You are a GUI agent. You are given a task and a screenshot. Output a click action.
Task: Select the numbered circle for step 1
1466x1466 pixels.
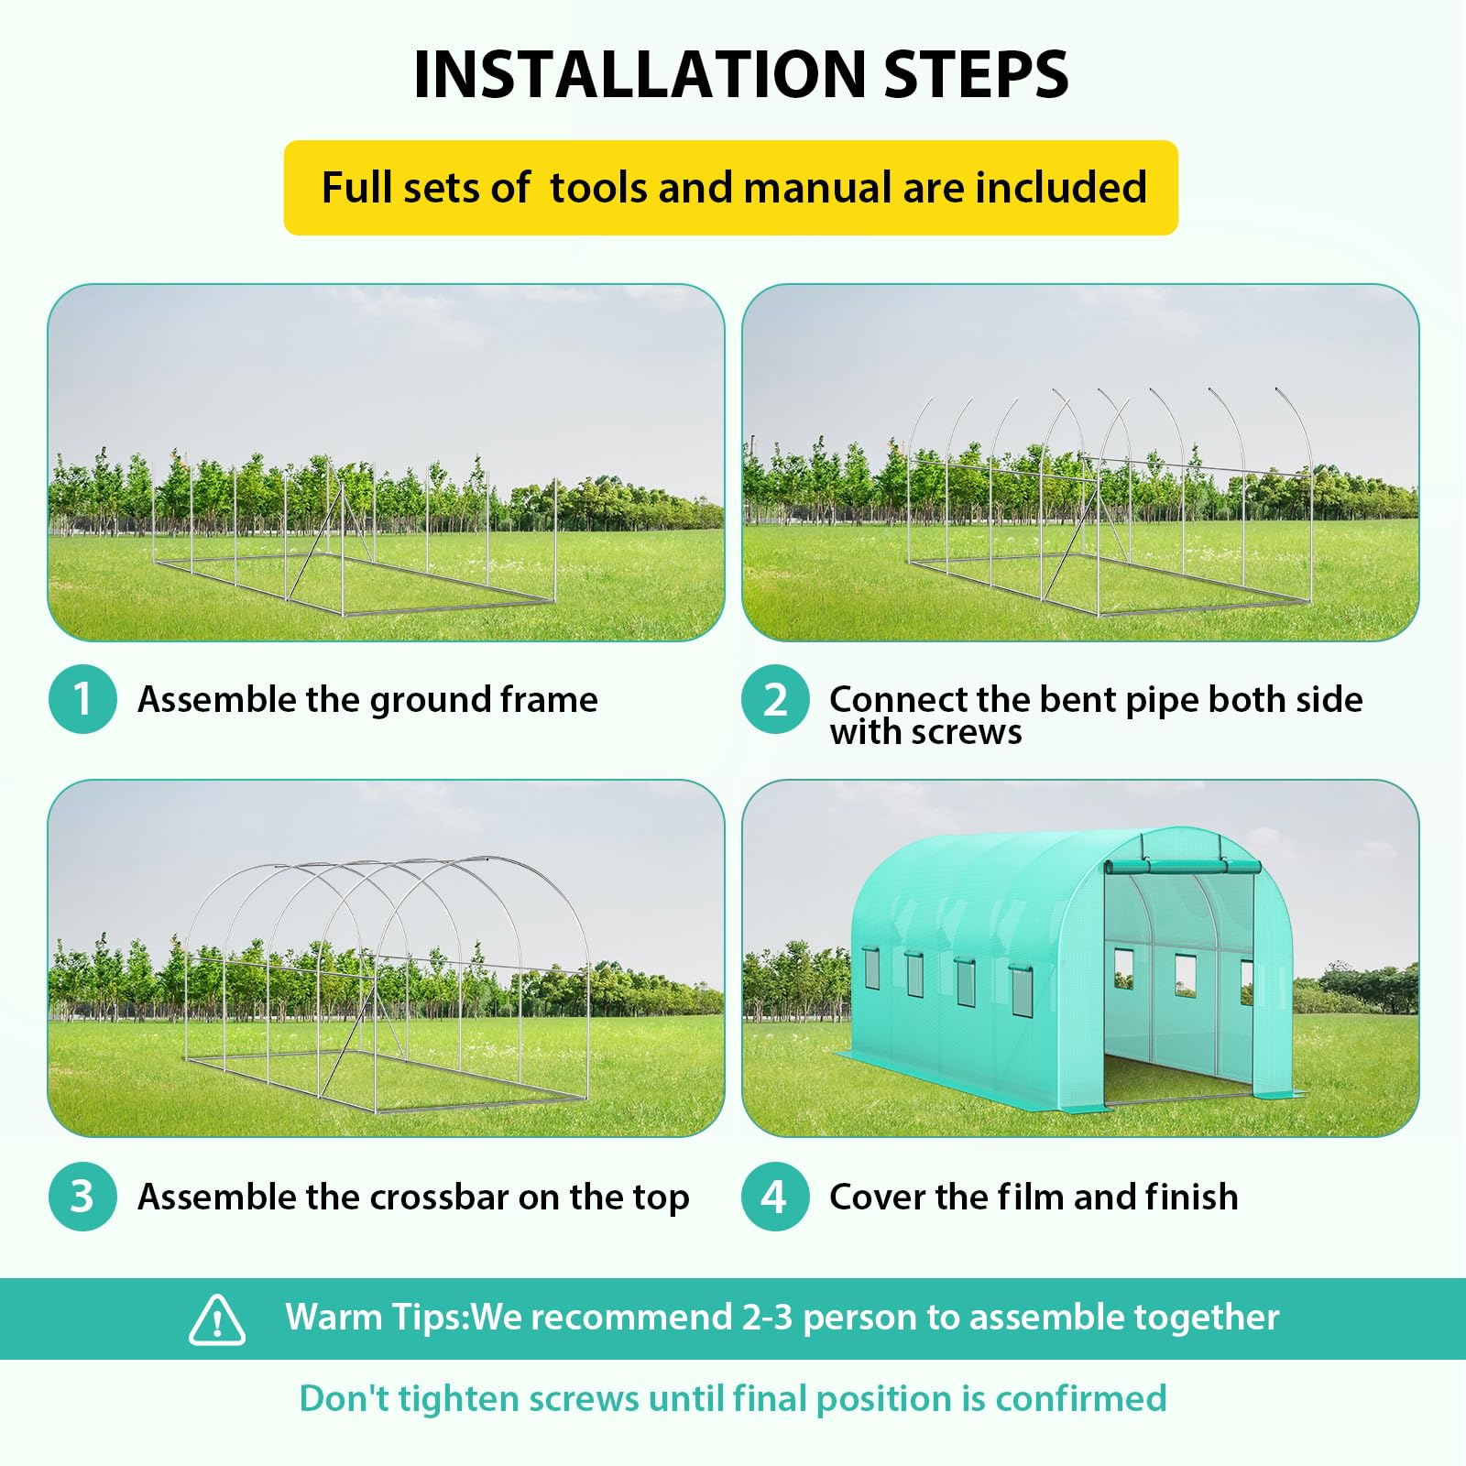[x=82, y=699]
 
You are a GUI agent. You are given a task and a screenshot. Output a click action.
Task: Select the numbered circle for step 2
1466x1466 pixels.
[x=775, y=699]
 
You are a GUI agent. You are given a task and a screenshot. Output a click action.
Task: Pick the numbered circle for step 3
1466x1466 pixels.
[x=82, y=1197]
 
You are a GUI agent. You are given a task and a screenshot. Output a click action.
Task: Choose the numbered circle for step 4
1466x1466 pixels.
[x=775, y=1197]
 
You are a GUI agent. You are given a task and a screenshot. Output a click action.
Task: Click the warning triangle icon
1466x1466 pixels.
[x=217, y=1319]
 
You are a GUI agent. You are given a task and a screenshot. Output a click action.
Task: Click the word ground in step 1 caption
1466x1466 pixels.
[x=431, y=701]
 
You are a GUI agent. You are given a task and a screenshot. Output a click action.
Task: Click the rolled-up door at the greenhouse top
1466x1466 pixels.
[x=1182, y=867]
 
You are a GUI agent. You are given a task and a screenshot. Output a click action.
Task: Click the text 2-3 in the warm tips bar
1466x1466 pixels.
[x=767, y=1318]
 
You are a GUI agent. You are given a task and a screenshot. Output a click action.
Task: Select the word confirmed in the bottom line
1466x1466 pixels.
[x=1081, y=1399]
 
